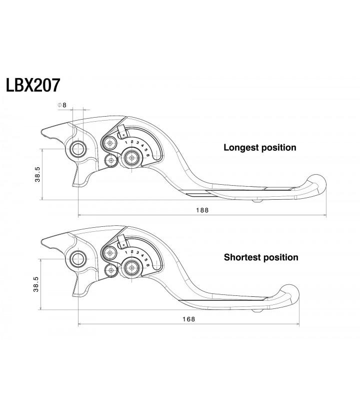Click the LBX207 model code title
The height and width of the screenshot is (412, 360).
coord(33,85)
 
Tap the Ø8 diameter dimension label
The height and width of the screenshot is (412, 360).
coord(62,105)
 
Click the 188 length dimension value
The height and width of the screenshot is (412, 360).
coord(202,210)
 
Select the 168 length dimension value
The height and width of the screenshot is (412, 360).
coord(189,319)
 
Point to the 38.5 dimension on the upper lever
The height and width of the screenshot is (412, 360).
coord(37,175)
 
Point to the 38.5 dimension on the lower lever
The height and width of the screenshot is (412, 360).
coord(36,284)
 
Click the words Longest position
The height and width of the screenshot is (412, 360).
coord(260,148)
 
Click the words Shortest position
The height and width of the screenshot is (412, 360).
coord(261,257)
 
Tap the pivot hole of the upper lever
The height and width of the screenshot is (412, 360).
coord(78,149)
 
